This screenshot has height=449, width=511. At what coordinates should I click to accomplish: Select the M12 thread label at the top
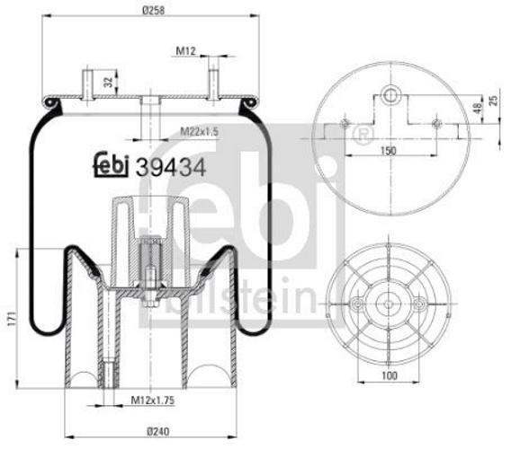point(186,51)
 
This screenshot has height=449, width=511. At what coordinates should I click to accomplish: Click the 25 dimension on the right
point(494,96)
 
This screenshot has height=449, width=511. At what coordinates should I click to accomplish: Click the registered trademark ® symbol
point(363,136)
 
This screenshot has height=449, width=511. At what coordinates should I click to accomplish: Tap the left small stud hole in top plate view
point(345,123)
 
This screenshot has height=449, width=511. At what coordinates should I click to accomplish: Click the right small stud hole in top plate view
point(436,123)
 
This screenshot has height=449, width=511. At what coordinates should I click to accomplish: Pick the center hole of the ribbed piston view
point(390,304)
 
